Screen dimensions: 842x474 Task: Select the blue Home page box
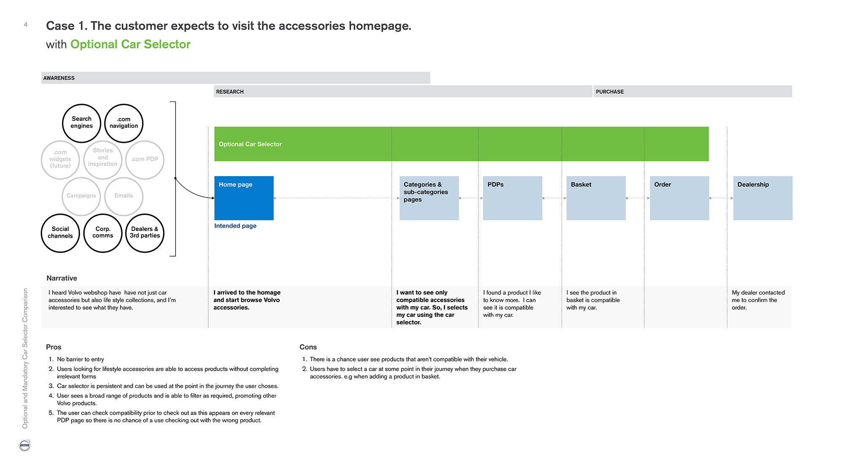tap(244, 198)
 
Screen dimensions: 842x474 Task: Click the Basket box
tap(596, 198)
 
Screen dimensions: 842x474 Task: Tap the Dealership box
tap(763, 198)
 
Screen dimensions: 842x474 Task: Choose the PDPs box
tap(512, 198)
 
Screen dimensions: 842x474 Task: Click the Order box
tap(679, 198)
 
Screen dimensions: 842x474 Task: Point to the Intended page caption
tap(235, 226)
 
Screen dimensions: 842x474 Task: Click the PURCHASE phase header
tap(610, 91)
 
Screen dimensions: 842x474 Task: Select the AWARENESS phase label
tap(59, 78)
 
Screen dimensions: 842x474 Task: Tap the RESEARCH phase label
tap(230, 91)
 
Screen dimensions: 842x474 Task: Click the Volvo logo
tap(25, 445)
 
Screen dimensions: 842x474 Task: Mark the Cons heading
tap(308, 347)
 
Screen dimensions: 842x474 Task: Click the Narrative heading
tap(62, 278)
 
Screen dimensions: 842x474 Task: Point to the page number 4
tap(26, 25)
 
